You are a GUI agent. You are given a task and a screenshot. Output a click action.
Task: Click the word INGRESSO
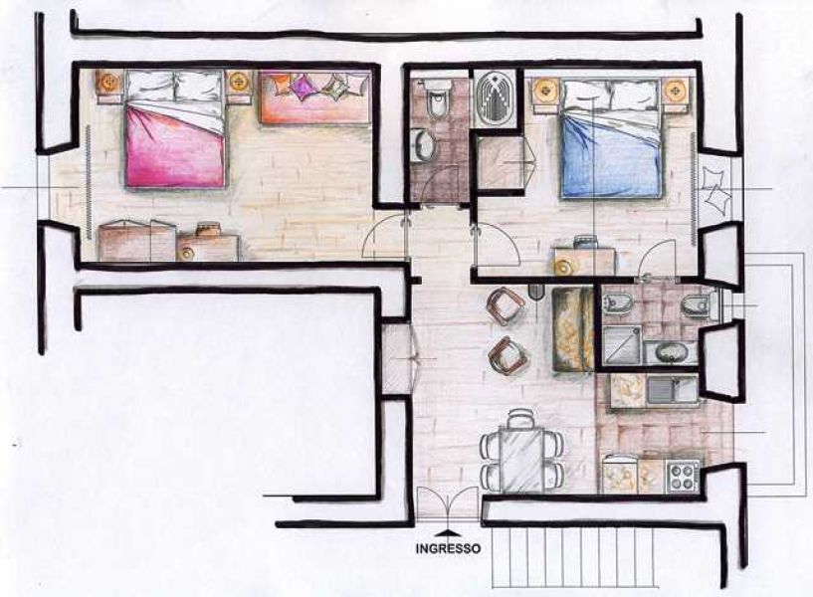coord(448,548)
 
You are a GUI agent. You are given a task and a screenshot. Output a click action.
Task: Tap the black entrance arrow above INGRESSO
coord(448,532)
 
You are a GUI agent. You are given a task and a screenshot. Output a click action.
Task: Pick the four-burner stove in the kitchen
coord(683,477)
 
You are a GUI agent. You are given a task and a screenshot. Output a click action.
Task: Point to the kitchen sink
coord(672,391)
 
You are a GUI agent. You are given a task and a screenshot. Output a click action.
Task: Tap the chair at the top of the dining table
coord(520,419)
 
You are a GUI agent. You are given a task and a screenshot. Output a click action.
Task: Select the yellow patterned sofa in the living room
coord(572,330)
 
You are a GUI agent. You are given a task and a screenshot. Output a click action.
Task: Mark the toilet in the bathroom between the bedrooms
coord(434,97)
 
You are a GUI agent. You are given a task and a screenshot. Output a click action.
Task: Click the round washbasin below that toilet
coord(424,145)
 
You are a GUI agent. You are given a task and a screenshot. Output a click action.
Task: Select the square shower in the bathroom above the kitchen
coord(622,344)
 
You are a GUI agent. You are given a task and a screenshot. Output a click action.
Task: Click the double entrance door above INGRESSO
coord(448,503)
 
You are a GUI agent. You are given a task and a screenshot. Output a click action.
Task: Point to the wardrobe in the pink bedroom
coord(137,241)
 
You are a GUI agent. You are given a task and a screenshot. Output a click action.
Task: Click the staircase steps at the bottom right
coord(575,557)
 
